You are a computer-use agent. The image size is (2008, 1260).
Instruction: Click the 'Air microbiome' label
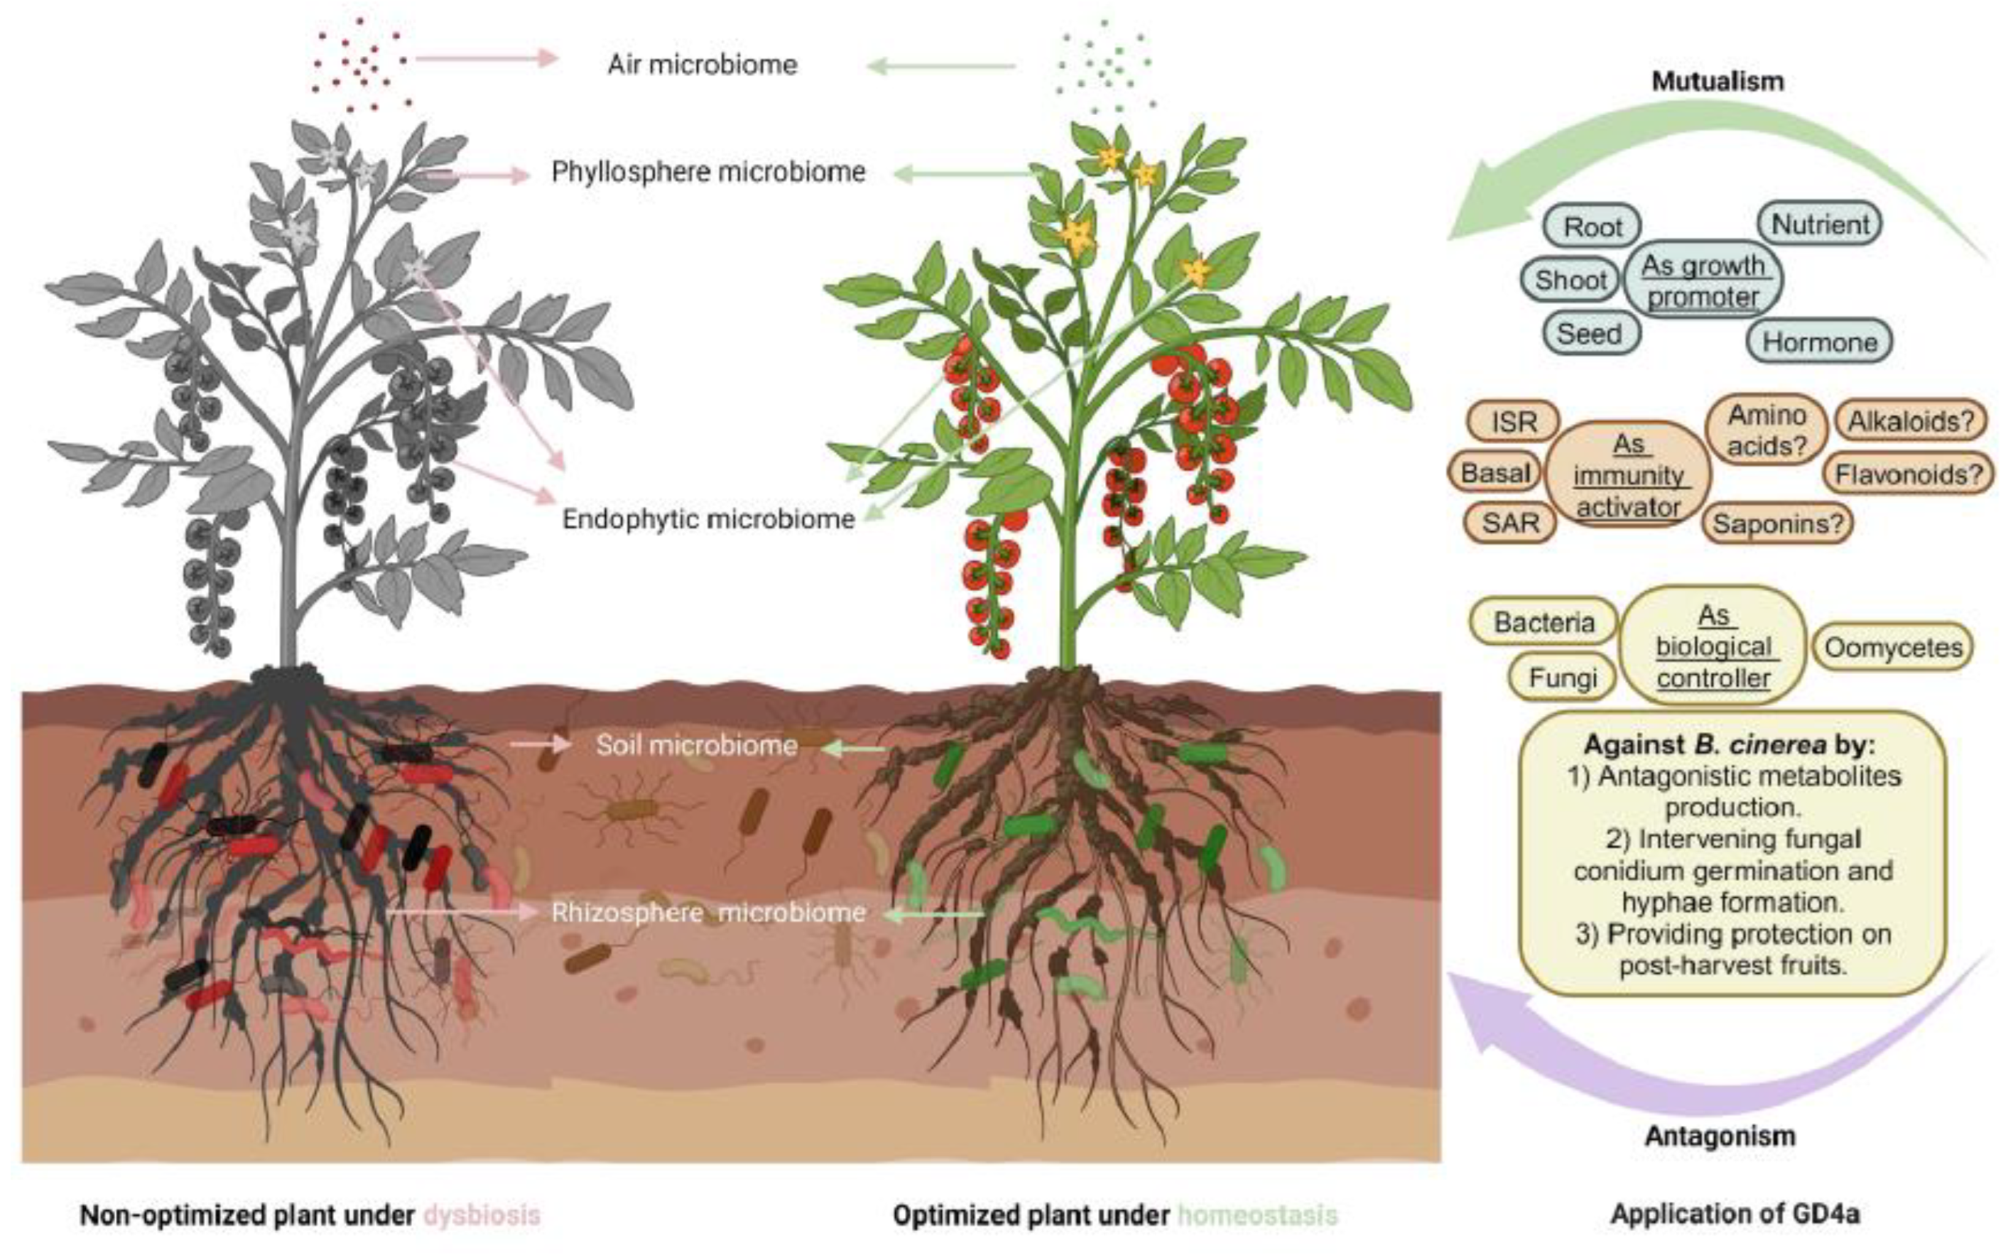coord(702,64)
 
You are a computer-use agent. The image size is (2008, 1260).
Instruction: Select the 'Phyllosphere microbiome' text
coord(709,172)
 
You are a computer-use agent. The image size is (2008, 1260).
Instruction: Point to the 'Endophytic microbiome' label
coord(709,519)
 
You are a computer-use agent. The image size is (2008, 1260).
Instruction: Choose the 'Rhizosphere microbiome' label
coord(709,913)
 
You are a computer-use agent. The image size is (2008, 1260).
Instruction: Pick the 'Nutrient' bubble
coord(1820,224)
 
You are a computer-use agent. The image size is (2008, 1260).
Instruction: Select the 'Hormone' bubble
coord(1819,342)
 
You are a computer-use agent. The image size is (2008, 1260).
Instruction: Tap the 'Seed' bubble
coord(1590,333)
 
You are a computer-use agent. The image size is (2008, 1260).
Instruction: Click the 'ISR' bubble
coord(1514,422)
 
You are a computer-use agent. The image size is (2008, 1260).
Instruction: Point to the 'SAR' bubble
coord(1510,523)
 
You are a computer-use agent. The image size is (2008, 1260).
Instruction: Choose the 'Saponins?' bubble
coord(1777,523)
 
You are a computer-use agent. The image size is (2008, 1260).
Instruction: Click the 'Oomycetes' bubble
coord(1893,648)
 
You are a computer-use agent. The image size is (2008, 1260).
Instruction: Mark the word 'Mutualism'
coord(1717,81)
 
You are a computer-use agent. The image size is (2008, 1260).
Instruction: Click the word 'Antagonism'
coord(1720,1136)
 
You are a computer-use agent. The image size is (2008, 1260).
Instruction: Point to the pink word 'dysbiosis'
coord(482,1215)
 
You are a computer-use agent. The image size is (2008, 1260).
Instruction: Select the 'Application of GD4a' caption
coord(1735,1214)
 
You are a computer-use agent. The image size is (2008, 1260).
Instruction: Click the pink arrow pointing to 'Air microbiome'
coord(486,58)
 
